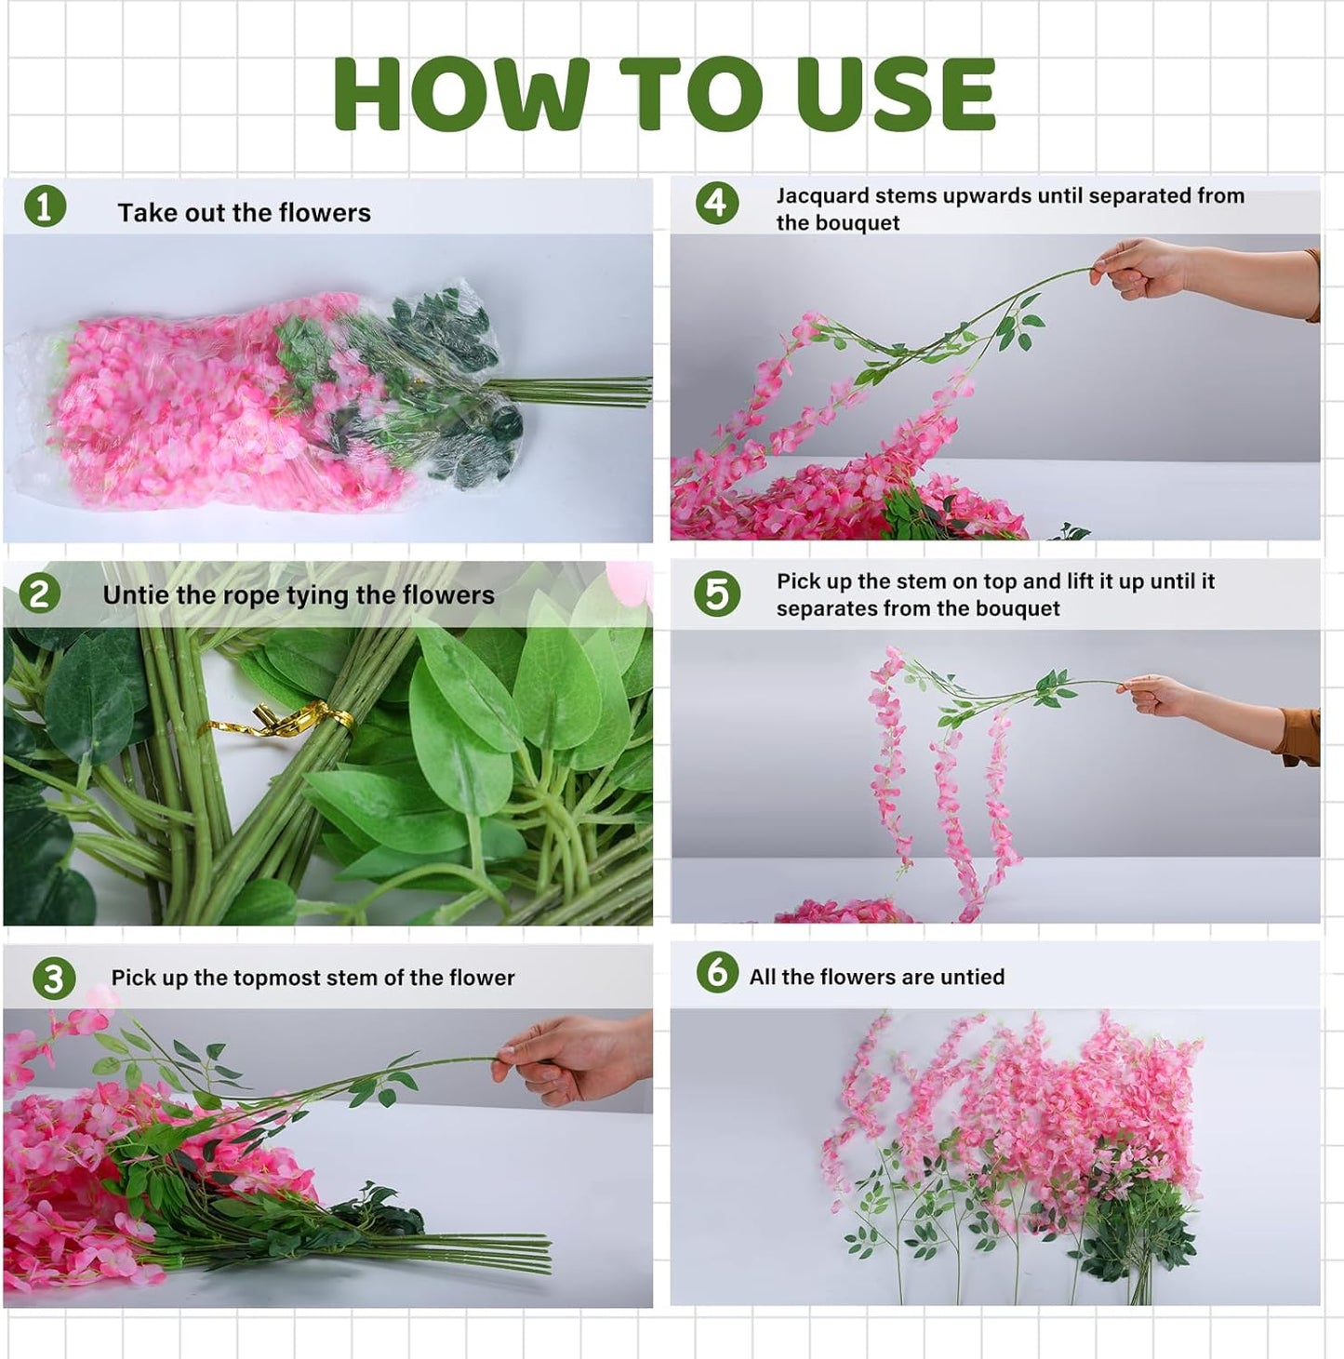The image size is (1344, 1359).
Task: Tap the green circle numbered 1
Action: pos(45,207)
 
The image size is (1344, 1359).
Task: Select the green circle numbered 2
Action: pos(39,593)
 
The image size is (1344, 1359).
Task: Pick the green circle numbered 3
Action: pos(54,979)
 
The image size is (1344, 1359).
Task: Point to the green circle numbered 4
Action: pos(717,203)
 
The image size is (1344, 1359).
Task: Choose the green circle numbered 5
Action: pos(717,593)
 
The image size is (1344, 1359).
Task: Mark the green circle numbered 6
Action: pos(717,972)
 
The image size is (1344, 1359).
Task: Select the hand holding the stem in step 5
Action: pos(1157,695)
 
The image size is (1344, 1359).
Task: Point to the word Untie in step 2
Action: pos(131,595)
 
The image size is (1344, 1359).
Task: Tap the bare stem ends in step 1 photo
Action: pos(595,391)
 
